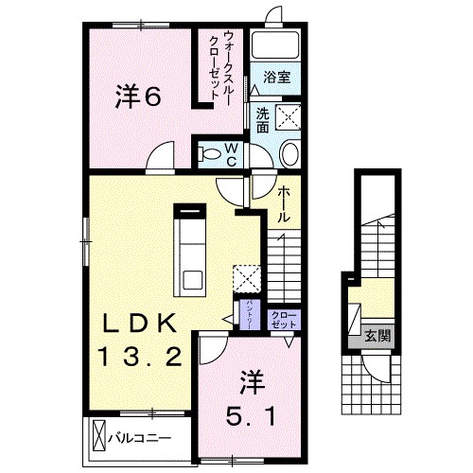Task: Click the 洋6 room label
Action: point(139,96)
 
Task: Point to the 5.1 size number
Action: point(251,413)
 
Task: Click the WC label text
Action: point(230,154)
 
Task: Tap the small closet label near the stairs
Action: point(282,319)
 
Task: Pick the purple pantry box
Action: point(242,311)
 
